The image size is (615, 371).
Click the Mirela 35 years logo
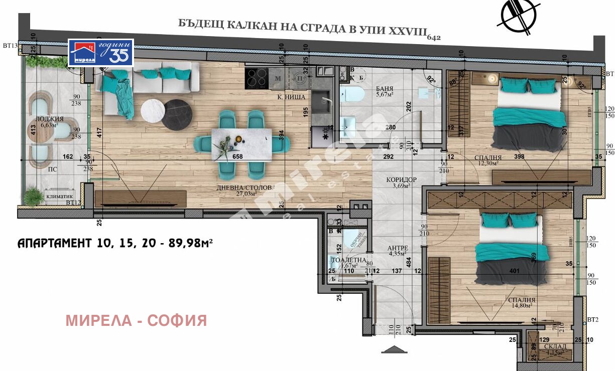point(101,53)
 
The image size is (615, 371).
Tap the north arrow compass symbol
point(518,16)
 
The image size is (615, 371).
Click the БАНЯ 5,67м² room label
point(385,90)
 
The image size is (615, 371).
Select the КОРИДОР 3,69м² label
point(402,182)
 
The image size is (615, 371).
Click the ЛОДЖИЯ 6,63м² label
point(50,122)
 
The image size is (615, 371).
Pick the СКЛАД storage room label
point(554,349)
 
